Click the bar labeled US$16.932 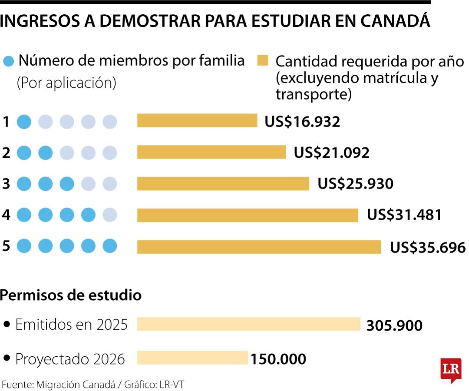pos(197,120)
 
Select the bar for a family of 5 pos(259,247)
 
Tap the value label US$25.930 pos(355,184)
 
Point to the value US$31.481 pos(404,215)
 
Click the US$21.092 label pos(331,153)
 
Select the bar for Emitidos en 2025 pos(248,324)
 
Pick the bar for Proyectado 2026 pos(192,358)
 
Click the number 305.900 pos(394,325)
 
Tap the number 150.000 pos(278,359)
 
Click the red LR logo pos(450,370)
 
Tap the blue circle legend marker pos(9,60)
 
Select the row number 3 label pos(6,184)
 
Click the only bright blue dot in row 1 pos(24,122)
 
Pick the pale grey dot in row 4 pos(109,215)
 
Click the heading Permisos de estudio pos(71,295)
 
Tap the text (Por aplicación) pos(66,83)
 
